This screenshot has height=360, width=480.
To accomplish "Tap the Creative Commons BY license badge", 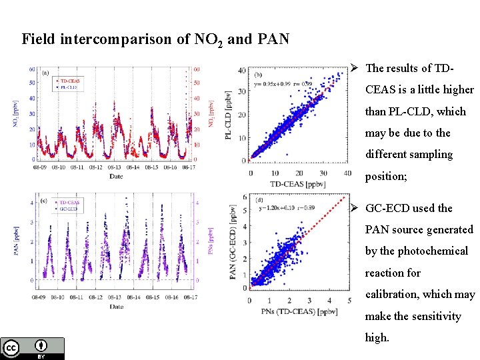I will (x=33, y=348).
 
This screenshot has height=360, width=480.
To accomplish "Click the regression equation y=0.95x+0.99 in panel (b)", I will (x=274, y=84).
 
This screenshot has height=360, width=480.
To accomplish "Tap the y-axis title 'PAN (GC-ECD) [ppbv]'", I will (x=235, y=247).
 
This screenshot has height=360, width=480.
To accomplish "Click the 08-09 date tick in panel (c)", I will (x=39, y=297).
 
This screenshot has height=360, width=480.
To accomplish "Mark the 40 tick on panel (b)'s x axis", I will (x=347, y=173).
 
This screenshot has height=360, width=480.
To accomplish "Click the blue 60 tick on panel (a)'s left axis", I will (x=31, y=69).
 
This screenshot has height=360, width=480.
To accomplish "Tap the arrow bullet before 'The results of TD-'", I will (x=357, y=68).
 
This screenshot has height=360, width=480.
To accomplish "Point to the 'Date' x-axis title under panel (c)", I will (x=117, y=306).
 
